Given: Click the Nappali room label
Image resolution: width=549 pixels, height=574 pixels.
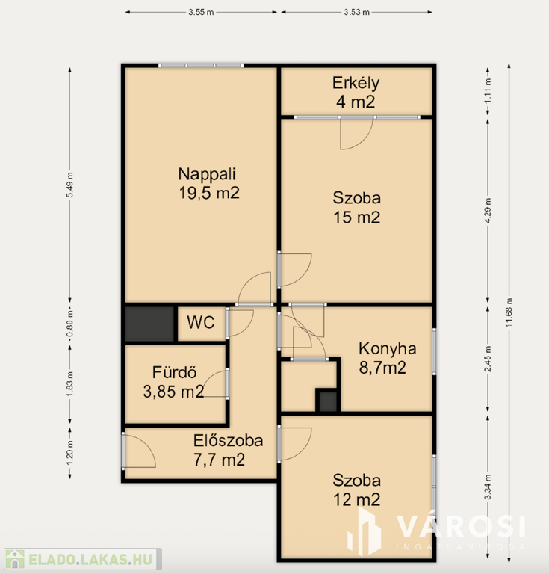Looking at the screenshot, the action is [207, 174].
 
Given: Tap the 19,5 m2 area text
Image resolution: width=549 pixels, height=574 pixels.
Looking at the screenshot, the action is [209, 193].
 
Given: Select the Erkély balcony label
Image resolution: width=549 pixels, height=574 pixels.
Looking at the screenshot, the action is [356, 83].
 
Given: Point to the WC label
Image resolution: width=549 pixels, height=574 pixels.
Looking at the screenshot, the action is [200, 323].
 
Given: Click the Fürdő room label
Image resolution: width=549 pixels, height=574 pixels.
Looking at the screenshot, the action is [175, 372].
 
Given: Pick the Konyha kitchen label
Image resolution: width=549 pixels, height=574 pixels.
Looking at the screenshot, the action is [388, 348].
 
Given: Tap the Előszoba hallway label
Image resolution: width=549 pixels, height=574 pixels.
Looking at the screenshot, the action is [229, 441].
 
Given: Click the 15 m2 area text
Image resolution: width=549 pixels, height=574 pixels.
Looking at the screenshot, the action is [356, 217].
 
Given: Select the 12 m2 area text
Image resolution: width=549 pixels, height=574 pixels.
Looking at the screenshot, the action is [356, 500].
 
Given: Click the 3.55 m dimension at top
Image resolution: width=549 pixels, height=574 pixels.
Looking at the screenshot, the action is [201, 12].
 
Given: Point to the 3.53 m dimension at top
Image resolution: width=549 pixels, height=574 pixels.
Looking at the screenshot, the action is [356, 12].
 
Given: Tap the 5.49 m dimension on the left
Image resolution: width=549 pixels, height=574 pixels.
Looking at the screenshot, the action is [70, 185].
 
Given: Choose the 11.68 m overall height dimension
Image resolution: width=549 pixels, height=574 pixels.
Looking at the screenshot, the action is [509, 312].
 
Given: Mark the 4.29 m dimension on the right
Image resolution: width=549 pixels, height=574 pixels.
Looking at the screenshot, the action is [488, 211].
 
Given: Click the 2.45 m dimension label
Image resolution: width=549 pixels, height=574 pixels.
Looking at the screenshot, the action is [488, 359].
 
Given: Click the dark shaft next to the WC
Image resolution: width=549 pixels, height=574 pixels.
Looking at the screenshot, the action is [149, 324].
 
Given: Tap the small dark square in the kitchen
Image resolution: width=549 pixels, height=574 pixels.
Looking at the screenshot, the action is [328, 401].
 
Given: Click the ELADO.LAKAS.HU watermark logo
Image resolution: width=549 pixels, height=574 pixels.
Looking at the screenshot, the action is [82, 559].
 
